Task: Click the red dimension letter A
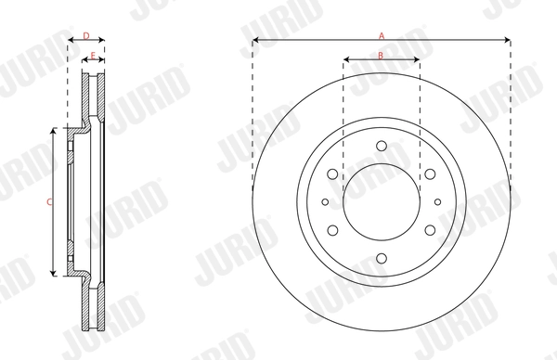[x=382, y=35]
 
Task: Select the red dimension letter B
[x=382, y=57]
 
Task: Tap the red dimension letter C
[x=49, y=201]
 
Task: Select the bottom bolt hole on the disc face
[x=382, y=258]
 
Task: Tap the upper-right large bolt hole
[x=431, y=173]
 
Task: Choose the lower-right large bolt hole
[x=431, y=229]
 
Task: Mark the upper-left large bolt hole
[x=332, y=173]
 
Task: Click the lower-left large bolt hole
[x=332, y=229]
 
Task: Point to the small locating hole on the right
[x=438, y=200]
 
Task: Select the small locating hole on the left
[x=325, y=200]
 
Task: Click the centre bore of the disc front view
[x=382, y=200]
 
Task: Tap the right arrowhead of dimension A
[x=508, y=41]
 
